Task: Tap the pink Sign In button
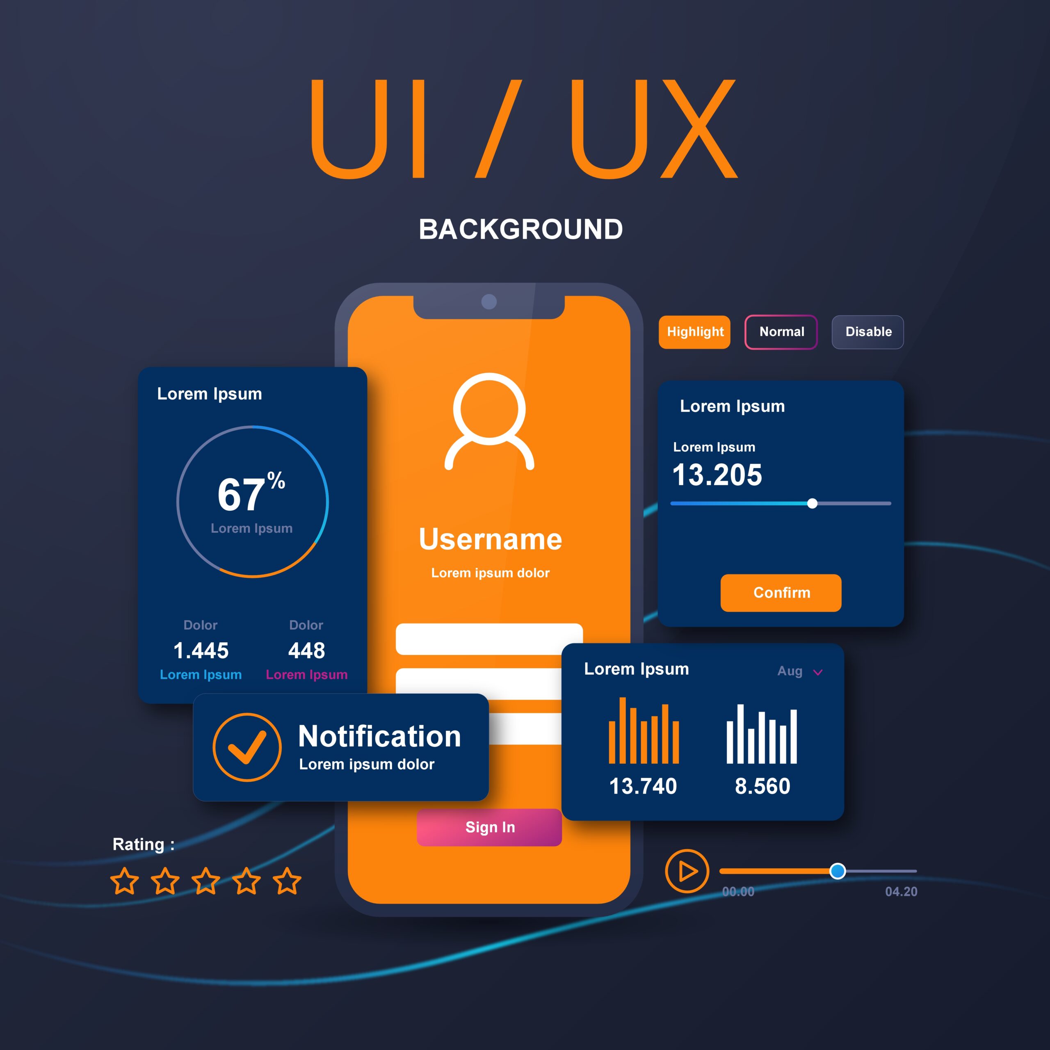[x=489, y=827]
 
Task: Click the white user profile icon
[x=489, y=421]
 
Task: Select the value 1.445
[x=201, y=651]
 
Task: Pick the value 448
[x=306, y=651]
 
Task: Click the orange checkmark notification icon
[x=247, y=747]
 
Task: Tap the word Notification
[x=379, y=736]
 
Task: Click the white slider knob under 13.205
[x=812, y=503]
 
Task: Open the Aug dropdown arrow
[x=817, y=673]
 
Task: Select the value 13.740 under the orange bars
[x=643, y=786]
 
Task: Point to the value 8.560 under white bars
[x=762, y=786]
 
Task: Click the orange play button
[x=687, y=871]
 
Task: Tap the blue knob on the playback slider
[x=838, y=871]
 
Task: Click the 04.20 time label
[x=901, y=892]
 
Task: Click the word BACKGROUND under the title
[x=520, y=229]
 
